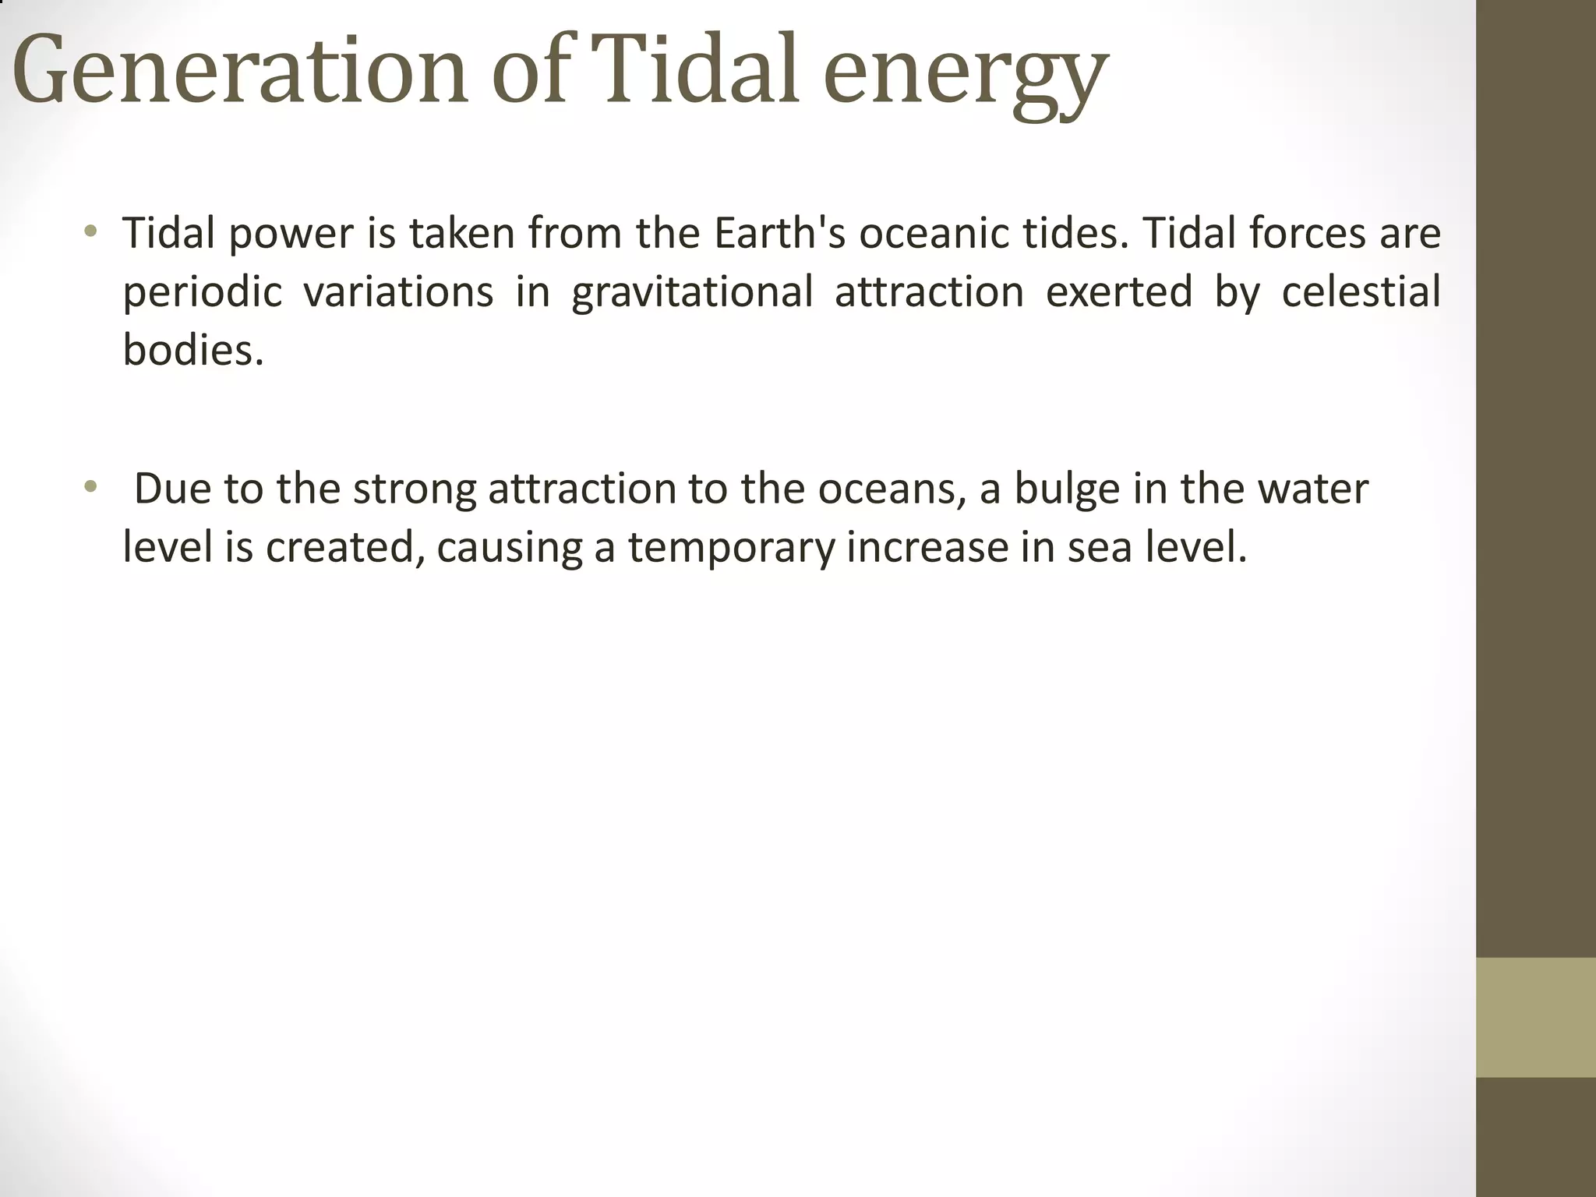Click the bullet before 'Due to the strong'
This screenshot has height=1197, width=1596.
tap(91, 488)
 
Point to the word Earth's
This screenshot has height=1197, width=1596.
tap(779, 233)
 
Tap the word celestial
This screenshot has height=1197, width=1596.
tap(1361, 291)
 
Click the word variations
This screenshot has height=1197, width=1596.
tap(397, 291)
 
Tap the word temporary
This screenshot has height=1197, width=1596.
tap(731, 549)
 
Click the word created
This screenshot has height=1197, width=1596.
tap(345, 547)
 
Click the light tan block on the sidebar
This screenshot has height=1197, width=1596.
tap(1535, 1017)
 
